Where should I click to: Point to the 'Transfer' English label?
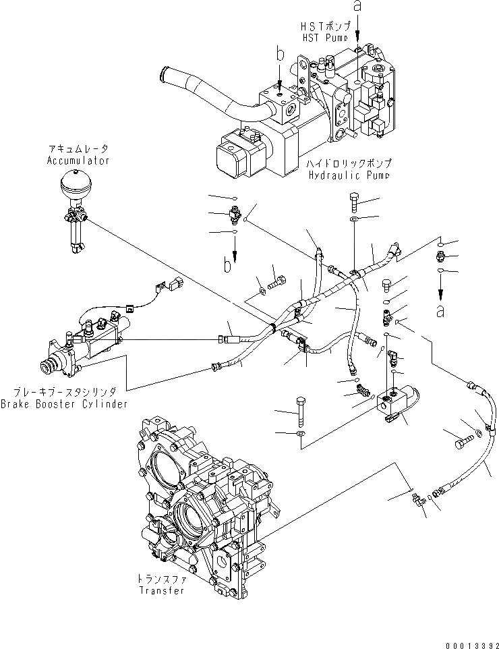(x=162, y=590)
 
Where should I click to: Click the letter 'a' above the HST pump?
(x=358, y=9)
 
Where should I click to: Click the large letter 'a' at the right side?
(x=440, y=311)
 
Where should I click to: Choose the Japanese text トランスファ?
(x=162, y=579)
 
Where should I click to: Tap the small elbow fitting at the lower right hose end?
(x=416, y=499)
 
